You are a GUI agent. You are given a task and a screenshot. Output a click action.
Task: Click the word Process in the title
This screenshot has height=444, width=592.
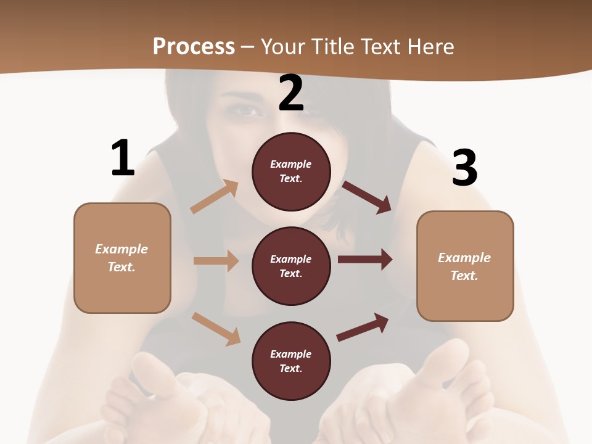(x=194, y=46)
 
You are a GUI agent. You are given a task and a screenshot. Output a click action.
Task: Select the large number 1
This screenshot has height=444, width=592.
(x=123, y=158)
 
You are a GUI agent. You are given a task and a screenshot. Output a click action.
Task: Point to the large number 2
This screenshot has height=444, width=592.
(x=291, y=93)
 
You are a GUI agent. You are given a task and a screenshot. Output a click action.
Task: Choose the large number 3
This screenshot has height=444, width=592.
(x=464, y=168)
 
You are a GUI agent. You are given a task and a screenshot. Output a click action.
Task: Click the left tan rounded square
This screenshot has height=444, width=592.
(x=122, y=258)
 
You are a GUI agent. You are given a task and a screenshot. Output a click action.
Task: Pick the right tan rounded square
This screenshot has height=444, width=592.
(x=465, y=266)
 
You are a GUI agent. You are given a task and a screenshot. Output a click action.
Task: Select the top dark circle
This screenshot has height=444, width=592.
(x=291, y=171)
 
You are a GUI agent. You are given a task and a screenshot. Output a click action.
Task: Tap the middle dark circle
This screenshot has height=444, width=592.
(x=291, y=266)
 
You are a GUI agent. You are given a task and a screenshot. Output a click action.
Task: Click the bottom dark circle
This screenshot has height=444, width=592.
(x=291, y=361)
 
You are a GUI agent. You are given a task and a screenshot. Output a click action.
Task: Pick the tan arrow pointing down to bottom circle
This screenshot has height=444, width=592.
(x=216, y=328)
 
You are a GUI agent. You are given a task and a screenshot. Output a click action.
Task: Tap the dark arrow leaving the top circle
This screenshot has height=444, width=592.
(x=366, y=197)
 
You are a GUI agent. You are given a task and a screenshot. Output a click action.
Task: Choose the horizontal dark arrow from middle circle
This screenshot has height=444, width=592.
(x=365, y=260)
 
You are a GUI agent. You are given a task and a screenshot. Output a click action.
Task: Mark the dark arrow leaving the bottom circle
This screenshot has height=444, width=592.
(x=363, y=327)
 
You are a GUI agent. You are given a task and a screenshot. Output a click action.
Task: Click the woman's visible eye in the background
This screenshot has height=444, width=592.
(x=246, y=110)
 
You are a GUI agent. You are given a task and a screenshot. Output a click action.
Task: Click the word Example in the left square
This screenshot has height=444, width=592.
(x=121, y=249)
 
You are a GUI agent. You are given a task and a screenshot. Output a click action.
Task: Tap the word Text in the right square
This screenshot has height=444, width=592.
(x=464, y=276)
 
